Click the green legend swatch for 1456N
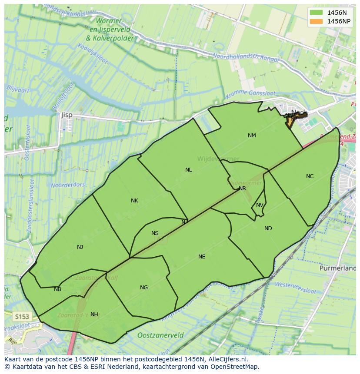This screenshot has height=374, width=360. click(316, 13)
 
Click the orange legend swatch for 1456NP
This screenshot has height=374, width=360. click(316, 21)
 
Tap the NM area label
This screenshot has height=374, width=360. click(252, 136)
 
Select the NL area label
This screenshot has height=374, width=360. click(188, 170)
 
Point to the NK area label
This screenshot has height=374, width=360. click(134, 201)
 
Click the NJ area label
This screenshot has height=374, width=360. click(80, 247)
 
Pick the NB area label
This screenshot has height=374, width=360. click(57, 289)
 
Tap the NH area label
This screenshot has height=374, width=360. click(94, 314)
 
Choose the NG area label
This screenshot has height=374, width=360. click(144, 288)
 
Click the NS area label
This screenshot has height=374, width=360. click(155, 233)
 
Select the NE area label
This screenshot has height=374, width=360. click(202, 257)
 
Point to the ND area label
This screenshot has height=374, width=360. click(268, 228)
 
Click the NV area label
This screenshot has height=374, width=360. click(260, 205)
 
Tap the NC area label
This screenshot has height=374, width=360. click(310, 176)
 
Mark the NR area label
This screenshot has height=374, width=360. click(242, 189)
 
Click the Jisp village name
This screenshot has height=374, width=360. click(67, 115)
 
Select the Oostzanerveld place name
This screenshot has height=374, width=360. click(160, 335)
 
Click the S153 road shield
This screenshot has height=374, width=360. click(21, 316)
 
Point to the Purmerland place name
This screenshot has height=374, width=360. click(337, 268)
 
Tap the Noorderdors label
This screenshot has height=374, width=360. click(68, 185)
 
